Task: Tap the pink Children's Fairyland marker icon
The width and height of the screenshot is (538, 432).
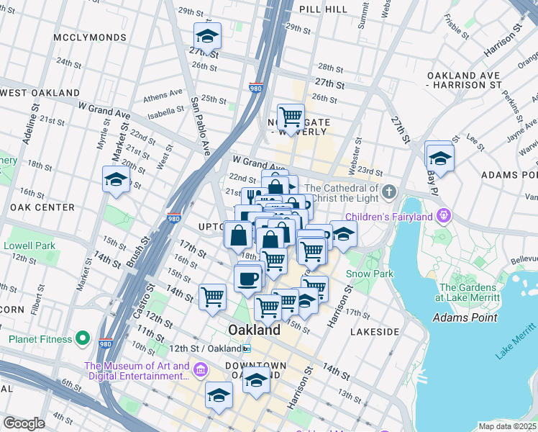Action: coord(444,215)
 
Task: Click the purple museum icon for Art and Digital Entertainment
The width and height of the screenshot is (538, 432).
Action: coord(200,371)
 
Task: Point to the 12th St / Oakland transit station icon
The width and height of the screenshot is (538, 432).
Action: coord(247,348)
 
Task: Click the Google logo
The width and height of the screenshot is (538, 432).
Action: coord(24,423)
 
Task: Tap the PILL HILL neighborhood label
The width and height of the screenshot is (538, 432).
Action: coord(327,9)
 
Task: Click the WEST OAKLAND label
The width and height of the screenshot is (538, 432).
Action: coord(40,93)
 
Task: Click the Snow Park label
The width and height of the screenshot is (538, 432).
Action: coord(369,274)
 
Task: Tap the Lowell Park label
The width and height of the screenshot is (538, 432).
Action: coord(29,246)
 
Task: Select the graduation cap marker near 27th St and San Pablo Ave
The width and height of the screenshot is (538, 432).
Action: coord(207,37)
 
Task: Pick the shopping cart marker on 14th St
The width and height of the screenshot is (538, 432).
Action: coord(213,296)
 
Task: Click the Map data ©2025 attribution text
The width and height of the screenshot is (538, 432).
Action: coord(508,426)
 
